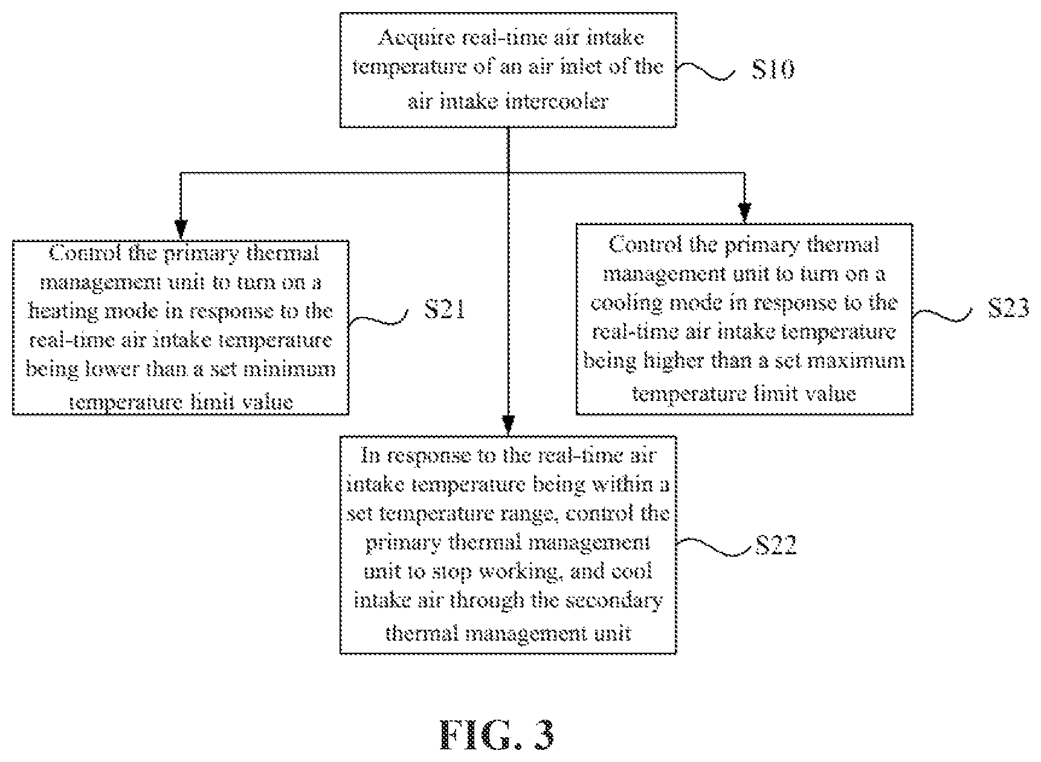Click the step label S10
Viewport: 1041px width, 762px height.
773,69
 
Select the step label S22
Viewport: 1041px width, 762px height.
776,545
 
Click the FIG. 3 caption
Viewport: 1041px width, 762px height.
497,734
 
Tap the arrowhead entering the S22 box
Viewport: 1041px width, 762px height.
508,424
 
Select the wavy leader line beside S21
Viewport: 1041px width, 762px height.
379,318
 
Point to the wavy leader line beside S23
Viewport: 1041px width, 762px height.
942,314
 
